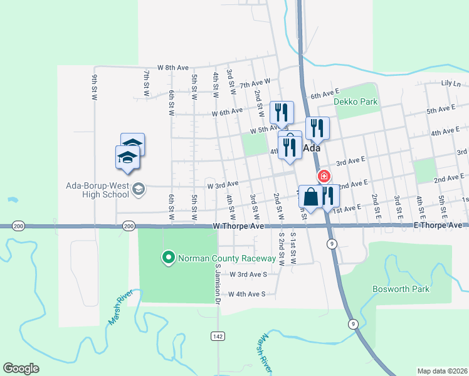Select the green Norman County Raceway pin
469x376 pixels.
168,257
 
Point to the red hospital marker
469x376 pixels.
324,177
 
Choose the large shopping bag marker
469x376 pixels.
311,197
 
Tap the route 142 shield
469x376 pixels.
217,337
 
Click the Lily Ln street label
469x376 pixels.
450,83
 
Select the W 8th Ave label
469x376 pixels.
173,67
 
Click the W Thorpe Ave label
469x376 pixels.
239,225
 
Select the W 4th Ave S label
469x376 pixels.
247,293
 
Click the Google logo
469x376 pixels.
21,368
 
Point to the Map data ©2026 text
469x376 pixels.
442,371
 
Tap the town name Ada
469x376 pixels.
312,149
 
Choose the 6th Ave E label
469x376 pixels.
325,95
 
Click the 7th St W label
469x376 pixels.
146,83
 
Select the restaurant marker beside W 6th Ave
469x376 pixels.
282,112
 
